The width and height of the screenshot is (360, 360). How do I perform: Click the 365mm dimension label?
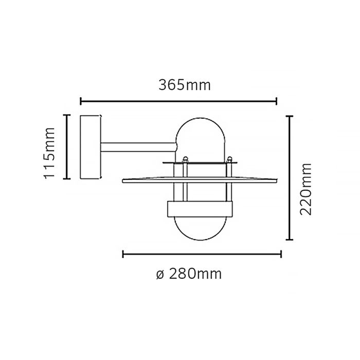pos(185,85)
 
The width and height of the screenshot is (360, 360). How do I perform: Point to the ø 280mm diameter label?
pos(188,274)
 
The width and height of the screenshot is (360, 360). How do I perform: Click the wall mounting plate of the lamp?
pos(91,147)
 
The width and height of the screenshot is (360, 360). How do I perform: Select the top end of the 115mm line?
pos(66,115)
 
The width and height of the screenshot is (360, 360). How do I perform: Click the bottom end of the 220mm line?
pos(290,240)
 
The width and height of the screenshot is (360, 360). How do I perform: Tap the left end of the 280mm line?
pos(123,254)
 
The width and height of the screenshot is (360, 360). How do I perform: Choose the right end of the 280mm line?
pos(281,254)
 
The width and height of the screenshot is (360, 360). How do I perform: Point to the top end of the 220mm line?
pos(290,116)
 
